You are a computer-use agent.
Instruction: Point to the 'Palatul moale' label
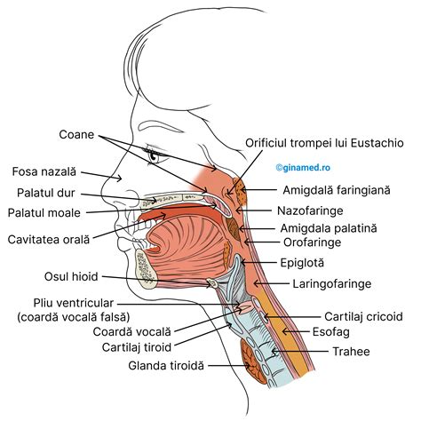click(48, 213)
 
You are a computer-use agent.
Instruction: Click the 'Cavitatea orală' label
click(54, 238)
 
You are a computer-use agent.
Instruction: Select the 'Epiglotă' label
click(304, 263)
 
